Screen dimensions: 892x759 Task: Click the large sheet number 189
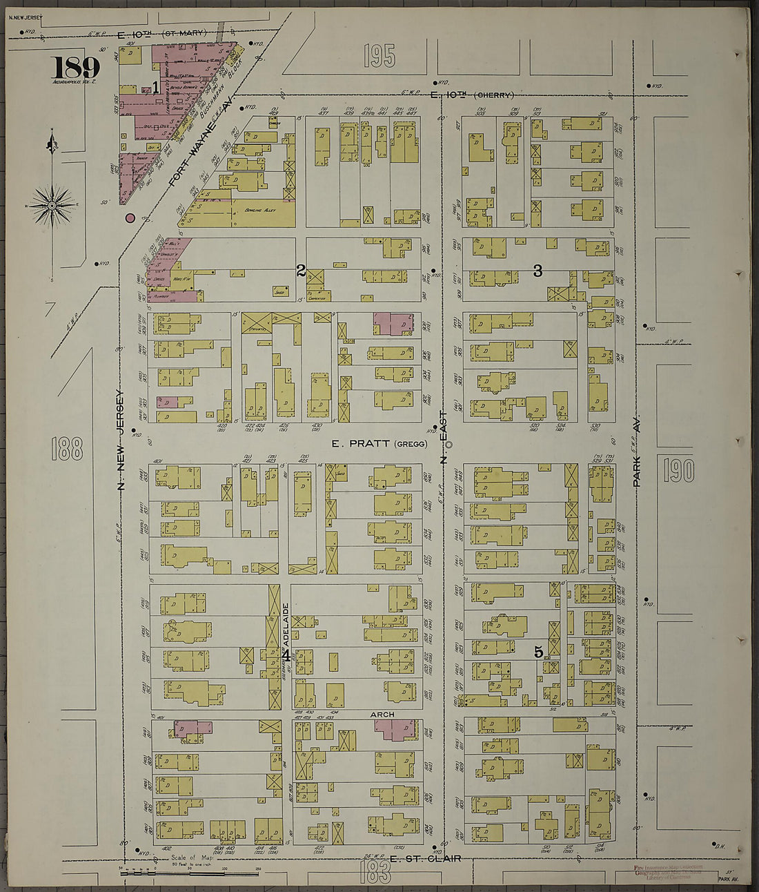[x=75, y=68]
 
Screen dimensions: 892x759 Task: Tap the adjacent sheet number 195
[x=379, y=56]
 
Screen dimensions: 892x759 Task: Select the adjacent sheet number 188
[x=67, y=449]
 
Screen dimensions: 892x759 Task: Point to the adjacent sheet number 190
[x=679, y=471]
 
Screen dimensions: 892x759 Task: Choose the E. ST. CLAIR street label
[x=425, y=859]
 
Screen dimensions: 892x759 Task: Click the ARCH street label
[x=382, y=715]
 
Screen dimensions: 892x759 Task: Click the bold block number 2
[x=301, y=271]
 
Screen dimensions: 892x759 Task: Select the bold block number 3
[x=538, y=271]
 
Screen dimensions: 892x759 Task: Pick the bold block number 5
[x=538, y=651]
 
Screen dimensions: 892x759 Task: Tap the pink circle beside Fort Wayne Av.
[x=129, y=219]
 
